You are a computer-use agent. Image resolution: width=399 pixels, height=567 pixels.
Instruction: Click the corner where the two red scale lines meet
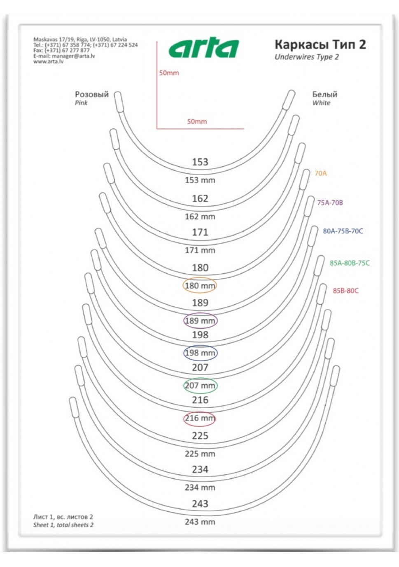coord(157,129)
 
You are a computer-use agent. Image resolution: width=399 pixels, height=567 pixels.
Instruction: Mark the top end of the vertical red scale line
coord(157,42)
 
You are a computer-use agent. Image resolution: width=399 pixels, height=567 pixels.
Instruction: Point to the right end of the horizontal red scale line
coord(244,129)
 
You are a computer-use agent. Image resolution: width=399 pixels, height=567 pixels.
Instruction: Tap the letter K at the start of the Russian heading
coord(279,45)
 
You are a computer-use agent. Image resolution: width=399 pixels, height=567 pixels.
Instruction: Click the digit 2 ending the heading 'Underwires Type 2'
coord(336,57)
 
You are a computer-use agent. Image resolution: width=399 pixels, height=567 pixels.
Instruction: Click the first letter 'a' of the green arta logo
coord(177,50)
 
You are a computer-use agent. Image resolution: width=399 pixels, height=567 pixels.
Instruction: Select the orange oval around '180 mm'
coord(200,285)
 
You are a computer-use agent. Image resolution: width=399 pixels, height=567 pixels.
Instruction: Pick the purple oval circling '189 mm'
coord(200,320)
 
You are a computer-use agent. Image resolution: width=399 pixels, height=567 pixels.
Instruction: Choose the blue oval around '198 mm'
coord(200,353)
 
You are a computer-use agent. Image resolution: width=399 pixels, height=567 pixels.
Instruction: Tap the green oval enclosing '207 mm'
coord(200,386)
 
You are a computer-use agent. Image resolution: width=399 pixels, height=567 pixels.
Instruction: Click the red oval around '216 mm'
coord(199,418)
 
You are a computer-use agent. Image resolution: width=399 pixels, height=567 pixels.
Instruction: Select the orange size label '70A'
coord(320,173)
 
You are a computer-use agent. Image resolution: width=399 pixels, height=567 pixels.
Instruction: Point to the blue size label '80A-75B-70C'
coord(343,231)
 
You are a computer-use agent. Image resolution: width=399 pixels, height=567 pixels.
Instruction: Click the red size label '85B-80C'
coord(345,291)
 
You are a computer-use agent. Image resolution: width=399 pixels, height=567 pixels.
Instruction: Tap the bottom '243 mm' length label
coord(200,522)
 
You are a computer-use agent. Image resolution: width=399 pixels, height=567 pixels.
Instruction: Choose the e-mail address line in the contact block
coord(64,56)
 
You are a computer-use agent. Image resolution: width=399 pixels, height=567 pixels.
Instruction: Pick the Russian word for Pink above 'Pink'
coord(92,94)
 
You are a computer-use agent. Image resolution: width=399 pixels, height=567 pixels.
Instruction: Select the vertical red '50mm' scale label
coord(169,73)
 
